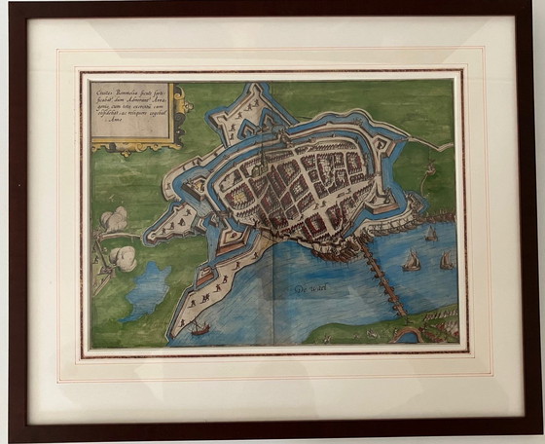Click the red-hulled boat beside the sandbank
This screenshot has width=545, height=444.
200,328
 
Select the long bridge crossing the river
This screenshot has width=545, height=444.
383,277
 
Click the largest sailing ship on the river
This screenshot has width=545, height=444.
412,261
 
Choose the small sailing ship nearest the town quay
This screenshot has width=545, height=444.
431,234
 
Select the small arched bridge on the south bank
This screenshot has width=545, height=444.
409,334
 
